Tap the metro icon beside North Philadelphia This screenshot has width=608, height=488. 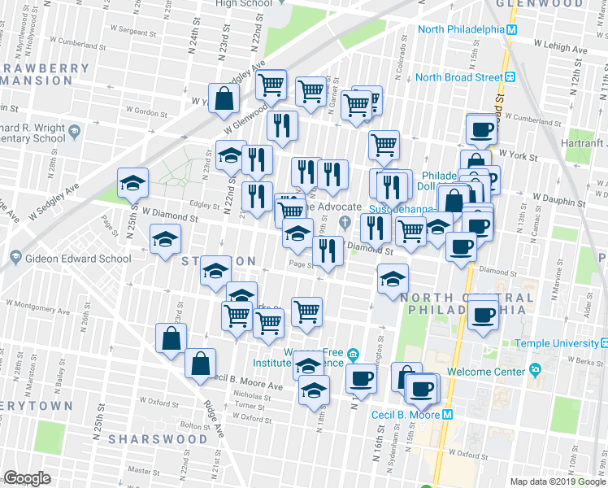512,30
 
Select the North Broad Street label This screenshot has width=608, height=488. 458,77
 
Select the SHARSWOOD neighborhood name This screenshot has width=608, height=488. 159,438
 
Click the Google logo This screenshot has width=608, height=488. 27,478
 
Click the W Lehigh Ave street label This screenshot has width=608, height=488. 560,50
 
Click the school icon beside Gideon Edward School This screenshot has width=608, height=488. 16,259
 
